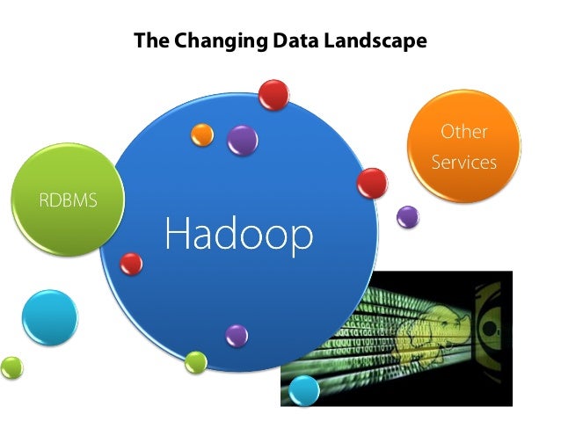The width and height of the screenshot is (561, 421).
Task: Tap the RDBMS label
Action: click(x=67, y=200)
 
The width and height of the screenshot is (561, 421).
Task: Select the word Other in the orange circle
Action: click(x=463, y=133)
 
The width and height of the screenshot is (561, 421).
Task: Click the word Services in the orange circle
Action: click(x=463, y=163)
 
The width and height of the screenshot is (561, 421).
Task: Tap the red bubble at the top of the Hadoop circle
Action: click(x=273, y=94)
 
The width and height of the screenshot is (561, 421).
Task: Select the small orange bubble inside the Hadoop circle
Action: click(x=203, y=134)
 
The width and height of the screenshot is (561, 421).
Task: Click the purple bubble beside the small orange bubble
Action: click(x=242, y=139)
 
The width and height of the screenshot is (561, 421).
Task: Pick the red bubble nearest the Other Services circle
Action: click(x=372, y=183)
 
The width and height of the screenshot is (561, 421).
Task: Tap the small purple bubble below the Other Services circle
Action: click(x=407, y=215)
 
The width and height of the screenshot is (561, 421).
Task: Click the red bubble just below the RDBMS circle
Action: click(x=131, y=263)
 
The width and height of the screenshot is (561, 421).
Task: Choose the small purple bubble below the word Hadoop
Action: click(x=237, y=334)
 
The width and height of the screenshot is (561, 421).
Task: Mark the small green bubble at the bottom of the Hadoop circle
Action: click(x=196, y=361)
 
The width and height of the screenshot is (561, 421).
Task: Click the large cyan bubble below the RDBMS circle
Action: click(x=49, y=316)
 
